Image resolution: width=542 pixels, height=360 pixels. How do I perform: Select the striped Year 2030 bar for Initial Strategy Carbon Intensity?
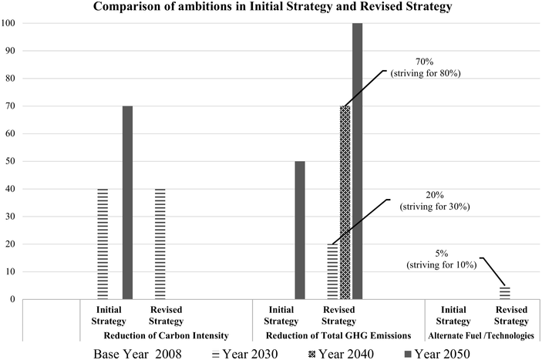[103, 244]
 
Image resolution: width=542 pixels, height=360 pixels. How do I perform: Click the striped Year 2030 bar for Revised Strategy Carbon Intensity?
[160, 244]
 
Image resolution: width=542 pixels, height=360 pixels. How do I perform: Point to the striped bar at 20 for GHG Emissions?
[332, 271]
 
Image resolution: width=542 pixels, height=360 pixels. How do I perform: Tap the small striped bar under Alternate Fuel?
[506, 293]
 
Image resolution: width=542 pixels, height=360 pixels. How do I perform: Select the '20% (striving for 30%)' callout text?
[439, 200]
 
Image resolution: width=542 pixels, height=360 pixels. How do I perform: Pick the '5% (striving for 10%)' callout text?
[439, 259]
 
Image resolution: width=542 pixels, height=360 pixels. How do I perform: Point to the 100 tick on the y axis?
[9, 23]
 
